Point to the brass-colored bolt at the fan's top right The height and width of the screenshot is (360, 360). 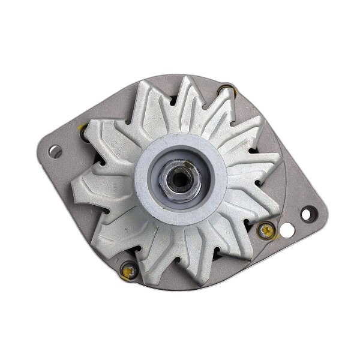[x=225, y=91]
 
